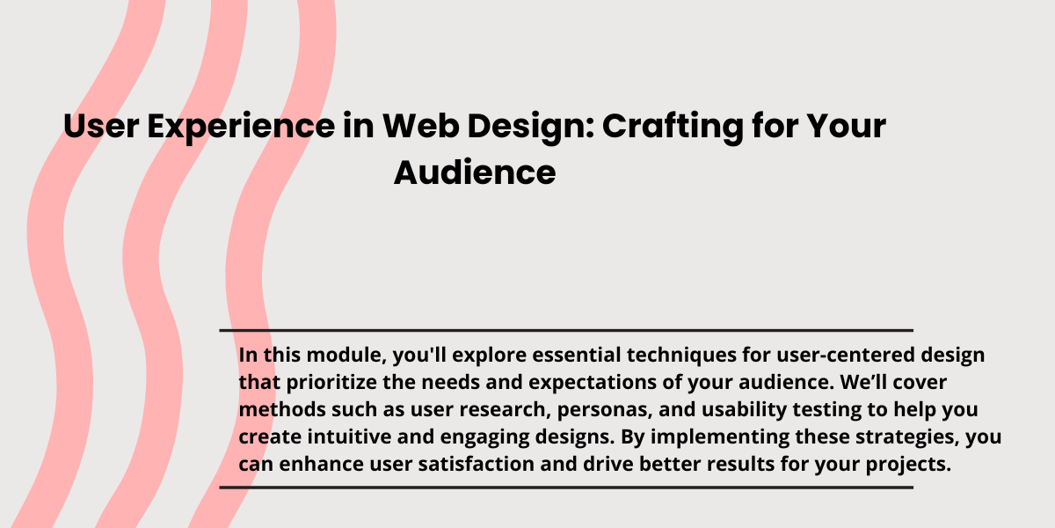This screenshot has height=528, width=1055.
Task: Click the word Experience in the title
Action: coord(241,127)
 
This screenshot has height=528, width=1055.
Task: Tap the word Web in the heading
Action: coord(420,126)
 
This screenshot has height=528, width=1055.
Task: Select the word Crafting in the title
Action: coord(673,127)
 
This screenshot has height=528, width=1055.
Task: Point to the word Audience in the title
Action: coord(475,172)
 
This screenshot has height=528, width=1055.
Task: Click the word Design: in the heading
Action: coord(531,127)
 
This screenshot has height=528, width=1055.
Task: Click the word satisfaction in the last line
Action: coord(477,464)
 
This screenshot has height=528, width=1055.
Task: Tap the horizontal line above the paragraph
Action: coord(566,331)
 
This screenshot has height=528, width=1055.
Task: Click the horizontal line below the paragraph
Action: coord(566,488)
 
